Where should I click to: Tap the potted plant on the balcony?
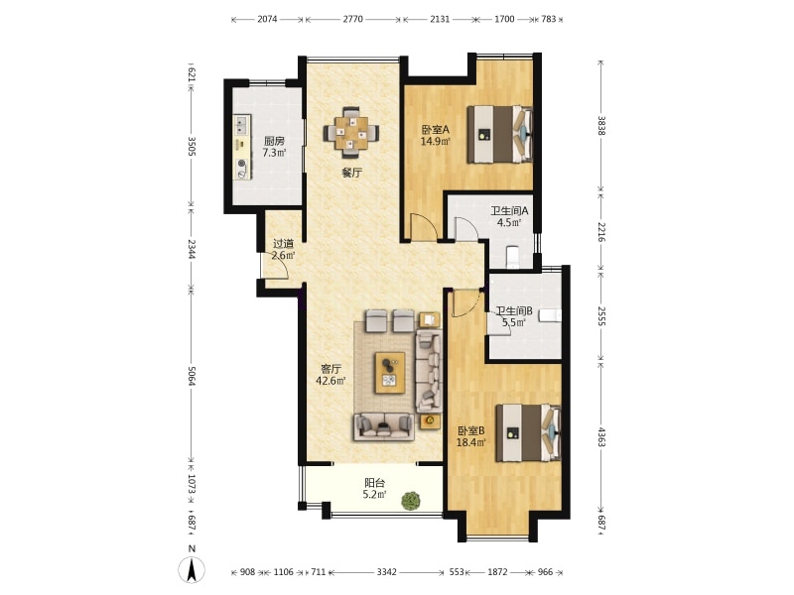[x=411, y=501]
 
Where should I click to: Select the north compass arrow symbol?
[x=192, y=569]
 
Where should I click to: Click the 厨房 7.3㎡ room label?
[x=274, y=147]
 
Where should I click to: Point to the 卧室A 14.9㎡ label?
[x=436, y=135]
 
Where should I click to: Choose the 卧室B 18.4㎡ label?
[x=471, y=436]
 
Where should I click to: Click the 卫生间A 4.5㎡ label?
[x=509, y=216]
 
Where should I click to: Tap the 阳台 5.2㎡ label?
[x=375, y=489]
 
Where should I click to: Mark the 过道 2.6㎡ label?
[x=283, y=250]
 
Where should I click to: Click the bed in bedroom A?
[x=499, y=134]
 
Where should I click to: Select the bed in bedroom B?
[x=529, y=432]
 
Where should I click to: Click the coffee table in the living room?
[x=390, y=373]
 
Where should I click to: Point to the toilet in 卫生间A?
[x=512, y=257]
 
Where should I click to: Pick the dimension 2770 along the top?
[x=353, y=19]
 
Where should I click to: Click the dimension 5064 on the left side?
[x=192, y=376]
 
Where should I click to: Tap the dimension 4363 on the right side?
[x=601, y=437]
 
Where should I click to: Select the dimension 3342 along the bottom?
[x=386, y=572]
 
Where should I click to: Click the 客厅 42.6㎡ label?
[x=331, y=375]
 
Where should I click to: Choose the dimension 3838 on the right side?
[x=601, y=126]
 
